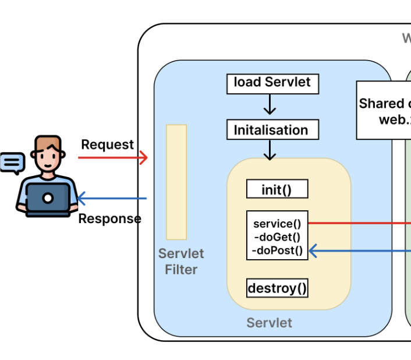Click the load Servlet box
[x=272, y=83]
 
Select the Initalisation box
[x=272, y=130]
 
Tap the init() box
[x=277, y=189]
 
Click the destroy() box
[x=277, y=288]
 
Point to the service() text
[x=277, y=224]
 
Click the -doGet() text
[x=277, y=237]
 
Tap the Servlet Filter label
[x=181, y=262]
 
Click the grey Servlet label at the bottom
[x=269, y=323]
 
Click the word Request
[x=107, y=144]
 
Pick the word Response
[x=109, y=219]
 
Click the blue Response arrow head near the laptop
[x=82, y=199]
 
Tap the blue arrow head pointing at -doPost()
[x=313, y=251]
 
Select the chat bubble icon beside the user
[x=12, y=163]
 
